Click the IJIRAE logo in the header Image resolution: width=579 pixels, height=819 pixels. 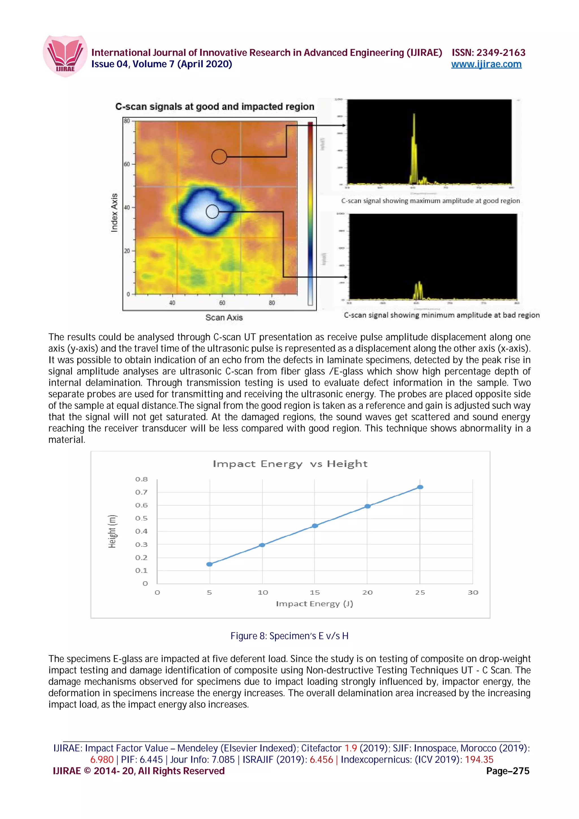[65, 56]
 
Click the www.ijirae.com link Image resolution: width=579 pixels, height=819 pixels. [486, 64]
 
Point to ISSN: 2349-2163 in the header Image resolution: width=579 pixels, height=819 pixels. [488, 53]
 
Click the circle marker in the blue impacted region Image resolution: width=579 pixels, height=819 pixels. [212, 211]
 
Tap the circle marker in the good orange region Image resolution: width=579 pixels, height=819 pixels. [219, 156]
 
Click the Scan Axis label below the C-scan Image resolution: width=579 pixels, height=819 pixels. [224, 317]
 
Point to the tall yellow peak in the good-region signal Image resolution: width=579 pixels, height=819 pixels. [414, 143]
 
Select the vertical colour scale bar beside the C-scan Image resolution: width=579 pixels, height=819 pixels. [310, 213]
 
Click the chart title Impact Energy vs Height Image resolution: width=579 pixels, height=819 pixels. [290, 464]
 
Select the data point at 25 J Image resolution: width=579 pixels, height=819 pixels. [420, 487]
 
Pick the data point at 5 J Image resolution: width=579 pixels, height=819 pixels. [210, 564]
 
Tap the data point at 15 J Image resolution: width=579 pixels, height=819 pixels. [315, 525]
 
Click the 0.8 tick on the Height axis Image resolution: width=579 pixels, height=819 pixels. [141, 479]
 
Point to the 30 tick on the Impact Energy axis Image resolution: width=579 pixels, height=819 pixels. [473, 593]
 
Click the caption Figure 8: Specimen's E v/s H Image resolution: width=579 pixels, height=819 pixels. [289, 636]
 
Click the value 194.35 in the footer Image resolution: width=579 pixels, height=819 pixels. [479, 759]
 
